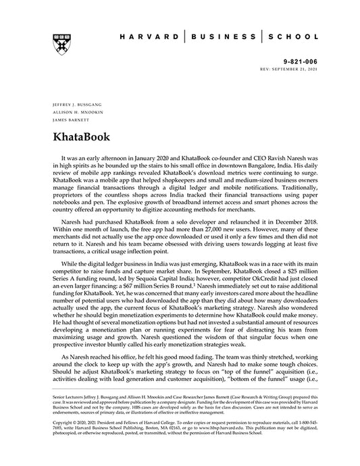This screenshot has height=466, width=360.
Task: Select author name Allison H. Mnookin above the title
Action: (73, 112)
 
